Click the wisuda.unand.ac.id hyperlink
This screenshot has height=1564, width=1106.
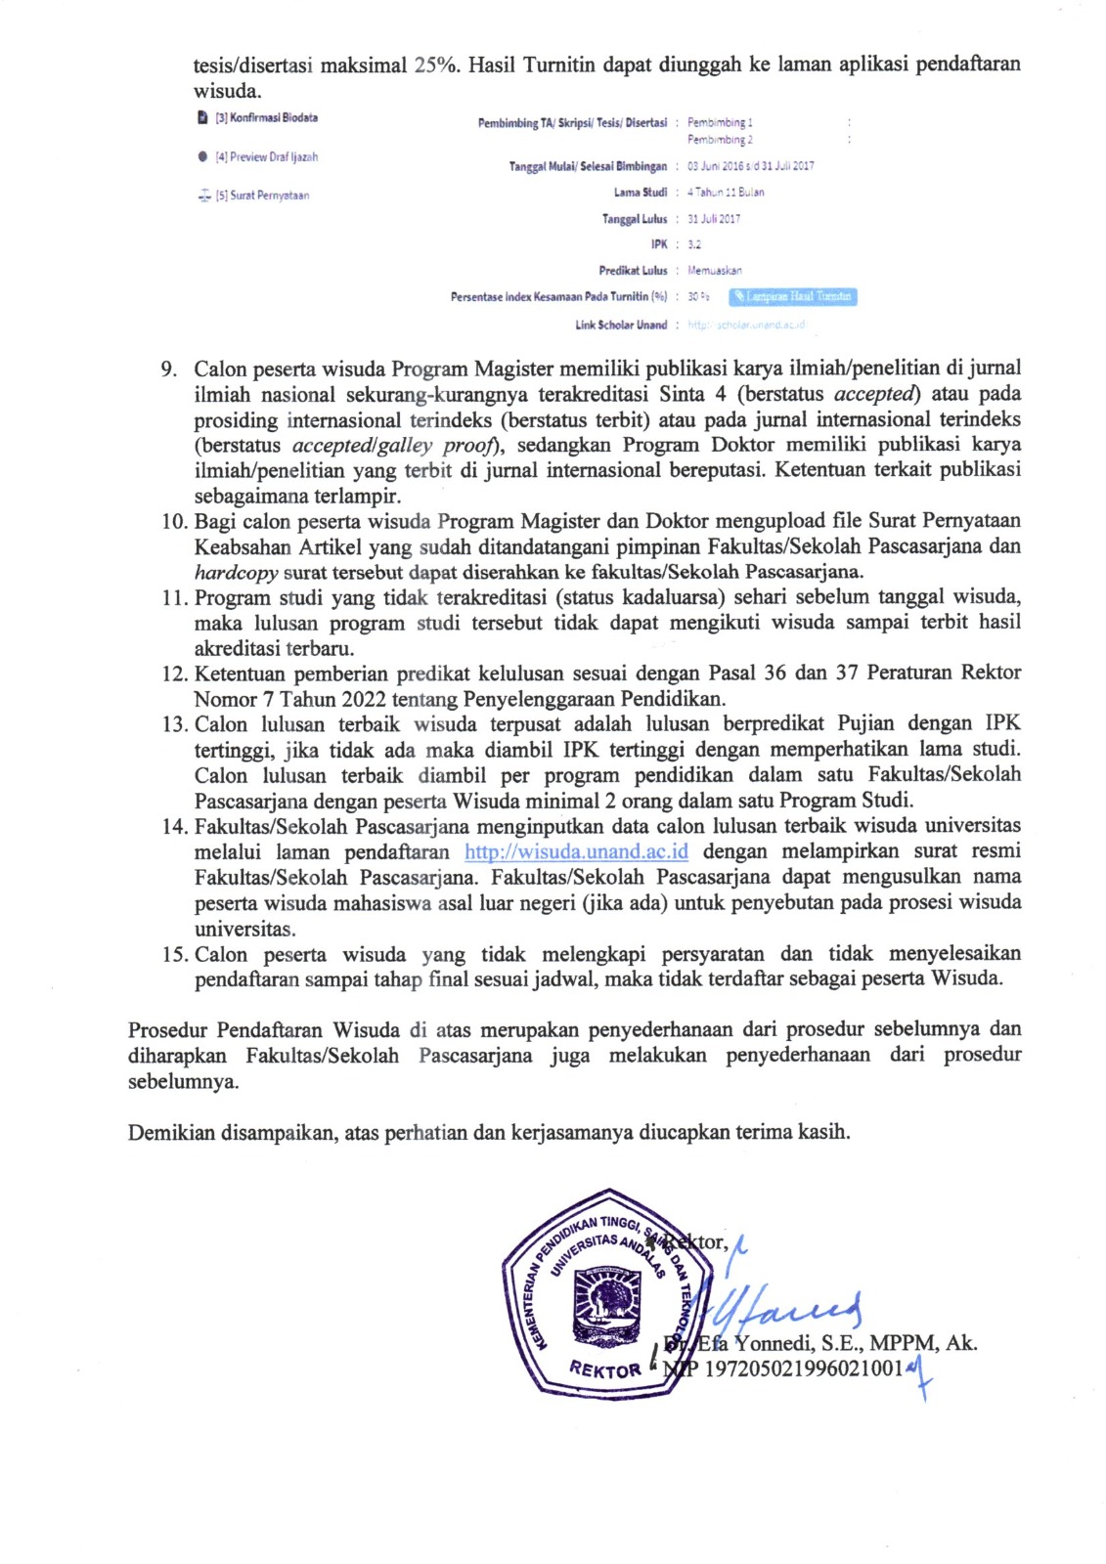(576, 851)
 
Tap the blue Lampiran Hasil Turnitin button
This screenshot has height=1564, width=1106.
(793, 296)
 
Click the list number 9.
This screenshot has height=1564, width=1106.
(169, 369)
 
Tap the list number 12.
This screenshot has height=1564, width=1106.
(174, 673)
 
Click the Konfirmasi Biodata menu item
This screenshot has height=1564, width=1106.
(266, 118)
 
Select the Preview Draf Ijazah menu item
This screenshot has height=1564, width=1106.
(266, 156)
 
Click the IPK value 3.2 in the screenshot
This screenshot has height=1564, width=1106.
(693, 244)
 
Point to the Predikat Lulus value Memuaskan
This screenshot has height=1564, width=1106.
(714, 271)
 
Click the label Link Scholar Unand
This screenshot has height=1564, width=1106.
(621, 325)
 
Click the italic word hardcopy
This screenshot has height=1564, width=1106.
(236, 572)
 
